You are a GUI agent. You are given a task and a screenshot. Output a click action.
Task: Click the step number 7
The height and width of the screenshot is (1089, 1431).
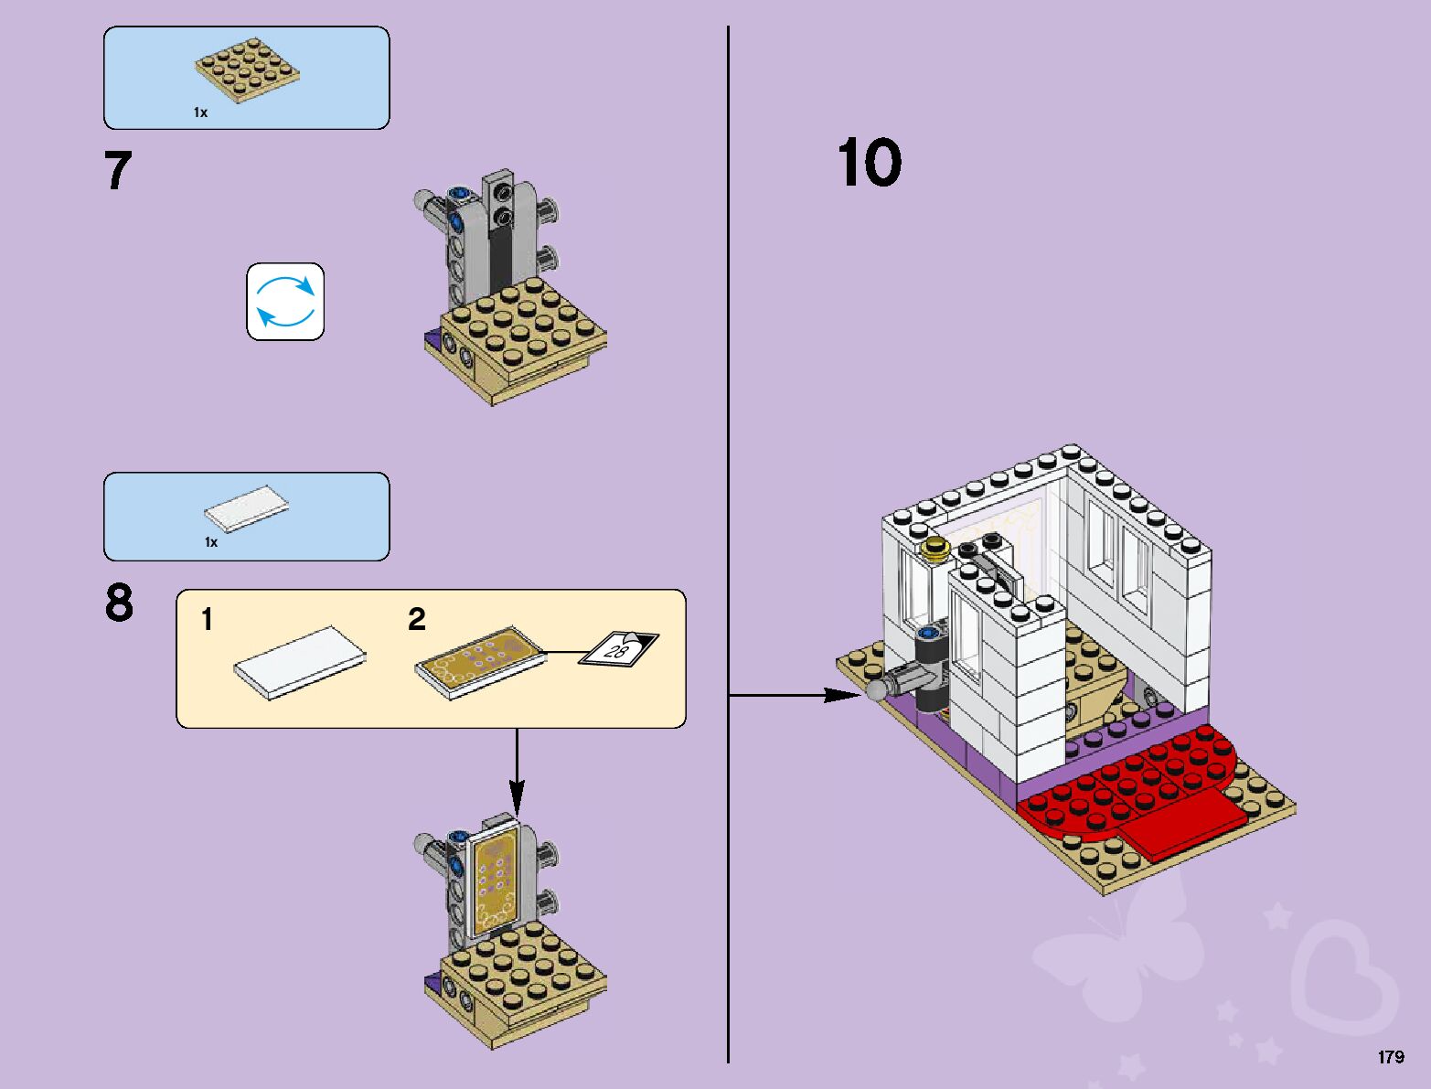(118, 171)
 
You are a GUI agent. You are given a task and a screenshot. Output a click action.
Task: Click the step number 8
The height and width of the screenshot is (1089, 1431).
(119, 603)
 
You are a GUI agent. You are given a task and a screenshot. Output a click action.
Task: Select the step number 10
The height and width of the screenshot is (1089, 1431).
(869, 164)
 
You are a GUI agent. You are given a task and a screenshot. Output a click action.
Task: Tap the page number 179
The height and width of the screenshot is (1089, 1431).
(1390, 1057)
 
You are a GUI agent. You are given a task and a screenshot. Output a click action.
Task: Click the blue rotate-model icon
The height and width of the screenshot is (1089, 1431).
(285, 302)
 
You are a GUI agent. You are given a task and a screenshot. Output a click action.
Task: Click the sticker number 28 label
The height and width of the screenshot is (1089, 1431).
(618, 648)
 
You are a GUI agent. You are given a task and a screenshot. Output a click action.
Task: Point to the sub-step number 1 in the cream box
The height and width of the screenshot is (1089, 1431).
(208, 620)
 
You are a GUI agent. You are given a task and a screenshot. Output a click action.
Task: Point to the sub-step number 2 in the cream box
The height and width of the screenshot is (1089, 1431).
(417, 620)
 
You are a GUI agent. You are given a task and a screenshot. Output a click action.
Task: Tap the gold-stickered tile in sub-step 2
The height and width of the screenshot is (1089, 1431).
(481, 662)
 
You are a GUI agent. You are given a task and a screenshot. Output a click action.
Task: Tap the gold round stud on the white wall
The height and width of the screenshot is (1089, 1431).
(935, 549)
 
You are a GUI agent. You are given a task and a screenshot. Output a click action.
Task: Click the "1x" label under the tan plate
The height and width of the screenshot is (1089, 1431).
(200, 112)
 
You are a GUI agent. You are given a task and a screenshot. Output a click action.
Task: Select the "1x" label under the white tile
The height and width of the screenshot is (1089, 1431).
(211, 542)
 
